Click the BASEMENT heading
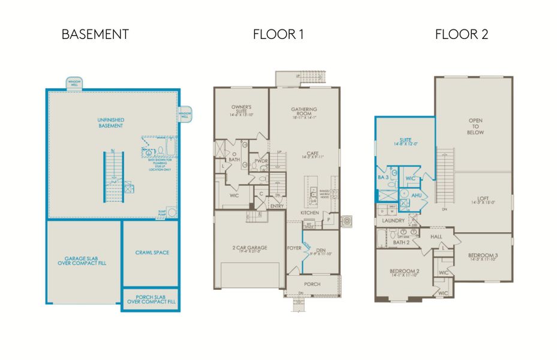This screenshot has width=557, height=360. point(95,34)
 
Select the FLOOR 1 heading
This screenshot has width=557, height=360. point(278,34)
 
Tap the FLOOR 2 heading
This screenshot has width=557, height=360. point(461,34)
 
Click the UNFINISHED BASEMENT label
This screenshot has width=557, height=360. point(110,123)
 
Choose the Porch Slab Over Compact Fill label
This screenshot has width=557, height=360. point(150,299)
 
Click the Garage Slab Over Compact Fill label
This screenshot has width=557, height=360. point(82,260)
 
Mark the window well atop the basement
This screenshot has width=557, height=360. point(74,82)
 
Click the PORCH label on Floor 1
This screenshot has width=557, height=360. point(312,284)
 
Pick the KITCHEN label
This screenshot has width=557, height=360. point(310,213)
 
